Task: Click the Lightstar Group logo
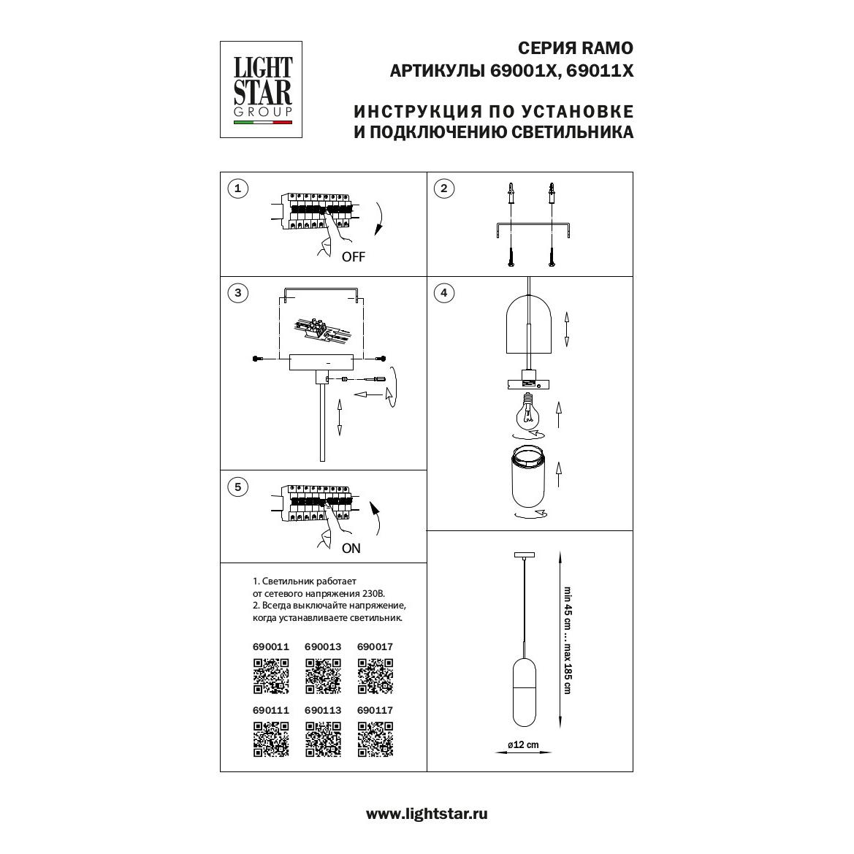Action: coord(261,89)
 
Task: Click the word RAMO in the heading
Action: coord(607,48)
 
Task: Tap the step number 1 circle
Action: coord(237,189)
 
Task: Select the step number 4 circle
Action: coord(444,293)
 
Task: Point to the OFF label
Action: coord(354,257)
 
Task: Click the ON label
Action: coord(351,549)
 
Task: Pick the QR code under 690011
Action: coord(271,676)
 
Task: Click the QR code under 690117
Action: coord(375,739)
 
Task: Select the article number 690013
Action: coord(323,647)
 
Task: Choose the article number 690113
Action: coord(323,711)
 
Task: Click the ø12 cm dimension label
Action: coord(523,744)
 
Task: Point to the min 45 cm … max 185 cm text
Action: coord(568,640)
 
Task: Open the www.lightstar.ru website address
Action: coord(427,815)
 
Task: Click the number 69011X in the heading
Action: coord(601,71)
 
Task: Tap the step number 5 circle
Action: coord(237,487)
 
